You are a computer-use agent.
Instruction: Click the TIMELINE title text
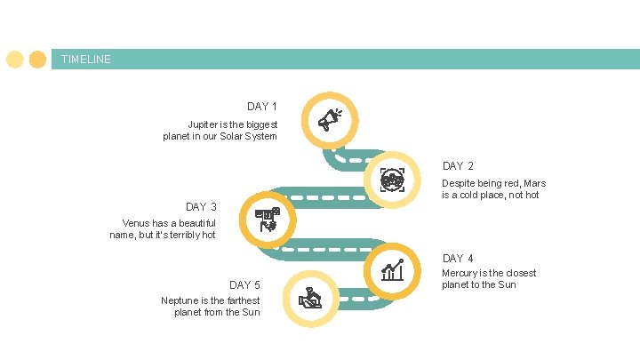click(x=86, y=60)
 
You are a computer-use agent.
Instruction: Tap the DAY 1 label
click(x=262, y=107)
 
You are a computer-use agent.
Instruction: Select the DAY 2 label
click(x=458, y=166)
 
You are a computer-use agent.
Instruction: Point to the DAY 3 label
click(x=201, y=207)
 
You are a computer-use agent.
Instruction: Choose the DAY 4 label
click(x=458, y=259)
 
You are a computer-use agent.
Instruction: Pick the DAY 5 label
click(x=244, y=285)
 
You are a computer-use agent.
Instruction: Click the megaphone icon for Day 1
click(x=330, y=119)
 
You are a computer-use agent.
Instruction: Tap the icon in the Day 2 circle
click(x=392, y=180)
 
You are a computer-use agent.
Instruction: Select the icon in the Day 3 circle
click(x=268, y=219)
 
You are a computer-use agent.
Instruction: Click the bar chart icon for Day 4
click(x=392, y=269)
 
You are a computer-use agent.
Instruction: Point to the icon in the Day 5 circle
click(x=310, y=298)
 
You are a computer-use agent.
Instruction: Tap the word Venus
click(x=138, y=223)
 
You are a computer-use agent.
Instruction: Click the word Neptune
click(x=180, y=300)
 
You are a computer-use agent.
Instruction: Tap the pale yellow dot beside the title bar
click(x=15, y=60)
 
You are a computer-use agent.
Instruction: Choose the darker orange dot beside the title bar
click(x=37, y=60)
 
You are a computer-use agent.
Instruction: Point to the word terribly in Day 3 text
click(x=173, y=235)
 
